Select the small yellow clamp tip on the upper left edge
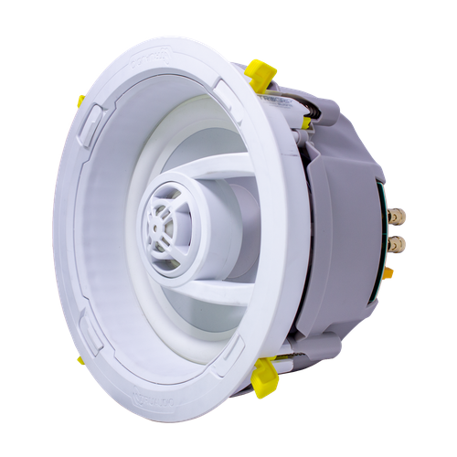pyautogui.click(x=80, y=101)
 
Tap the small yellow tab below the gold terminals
pyautogui.click(x=388, y=271)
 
